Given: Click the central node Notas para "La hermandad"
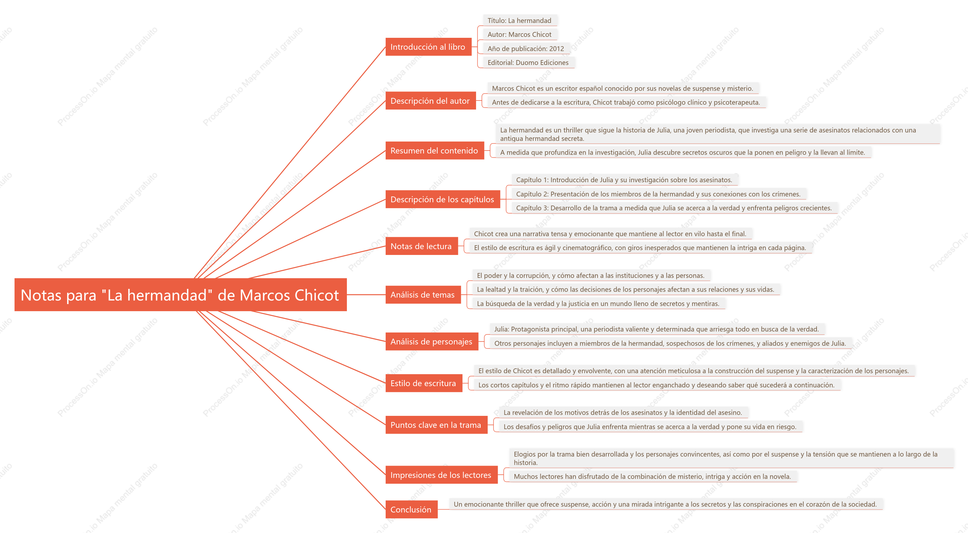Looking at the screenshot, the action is point(180,295).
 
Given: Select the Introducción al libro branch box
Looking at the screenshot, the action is point(428,47).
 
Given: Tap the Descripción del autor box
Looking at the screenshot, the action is point(431,101).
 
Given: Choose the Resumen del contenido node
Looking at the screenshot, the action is point(435,150).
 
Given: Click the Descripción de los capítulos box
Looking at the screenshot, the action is point(443,199).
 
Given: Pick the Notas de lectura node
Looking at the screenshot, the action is point(422,246).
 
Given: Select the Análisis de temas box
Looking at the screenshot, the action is point(423,295).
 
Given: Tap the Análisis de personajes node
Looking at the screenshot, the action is point(432,341).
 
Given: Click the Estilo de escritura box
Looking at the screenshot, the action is point(424,383).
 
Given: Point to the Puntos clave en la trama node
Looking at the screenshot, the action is point(436,425).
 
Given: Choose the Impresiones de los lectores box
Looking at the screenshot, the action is point(442,475).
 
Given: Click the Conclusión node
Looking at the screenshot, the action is point(411,510).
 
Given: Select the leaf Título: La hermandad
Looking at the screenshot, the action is point(519,20).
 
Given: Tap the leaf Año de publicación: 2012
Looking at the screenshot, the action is point(526,48).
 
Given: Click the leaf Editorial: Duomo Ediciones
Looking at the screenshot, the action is point(528,62).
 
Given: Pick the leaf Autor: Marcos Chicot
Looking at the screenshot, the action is point(519,34).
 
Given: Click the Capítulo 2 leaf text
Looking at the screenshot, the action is point(658,194).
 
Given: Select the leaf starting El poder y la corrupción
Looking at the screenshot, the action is point(591,276).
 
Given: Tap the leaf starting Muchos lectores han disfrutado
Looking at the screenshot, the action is point(652,476).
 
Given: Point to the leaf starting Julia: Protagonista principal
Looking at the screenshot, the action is point(657,329).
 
